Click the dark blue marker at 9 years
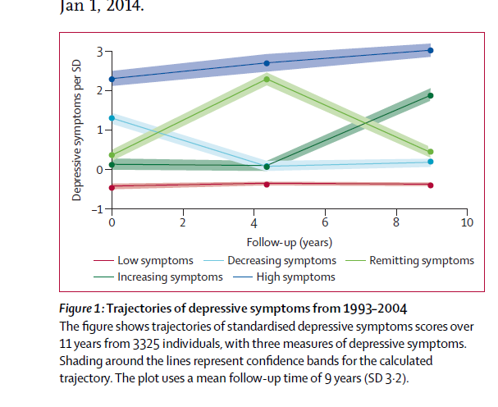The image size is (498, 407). [431, 51]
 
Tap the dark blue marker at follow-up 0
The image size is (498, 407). [112, 79]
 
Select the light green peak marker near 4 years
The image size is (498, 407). [267, 79]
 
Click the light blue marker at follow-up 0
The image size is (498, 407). [112, 118]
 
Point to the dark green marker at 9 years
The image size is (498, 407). [431, 96]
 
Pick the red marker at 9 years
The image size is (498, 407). [431, 185]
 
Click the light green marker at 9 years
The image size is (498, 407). [431, 152]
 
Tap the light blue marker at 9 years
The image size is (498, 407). [431, 162]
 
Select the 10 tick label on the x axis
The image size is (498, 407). [467, 223]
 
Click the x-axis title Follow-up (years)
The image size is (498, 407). [288, 242]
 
